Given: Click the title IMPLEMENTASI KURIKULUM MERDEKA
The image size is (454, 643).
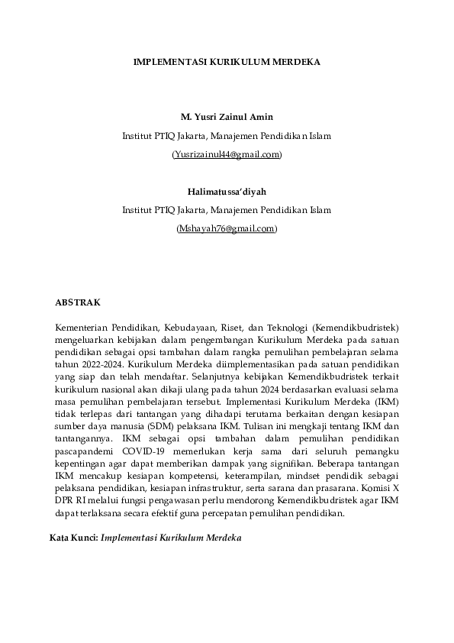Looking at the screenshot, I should (227, 61).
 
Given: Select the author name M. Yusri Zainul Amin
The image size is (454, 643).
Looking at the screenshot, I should (227, 118).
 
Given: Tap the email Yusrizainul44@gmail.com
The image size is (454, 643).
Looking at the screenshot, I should (227, 155).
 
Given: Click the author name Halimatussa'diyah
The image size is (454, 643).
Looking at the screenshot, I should (227, 191).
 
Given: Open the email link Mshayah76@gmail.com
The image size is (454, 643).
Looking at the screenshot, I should (227, 228).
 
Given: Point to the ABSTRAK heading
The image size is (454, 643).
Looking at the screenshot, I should (78, 302).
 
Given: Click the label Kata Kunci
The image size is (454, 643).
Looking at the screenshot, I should (73, 538).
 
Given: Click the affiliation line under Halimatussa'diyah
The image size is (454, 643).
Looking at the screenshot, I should (227, 209).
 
